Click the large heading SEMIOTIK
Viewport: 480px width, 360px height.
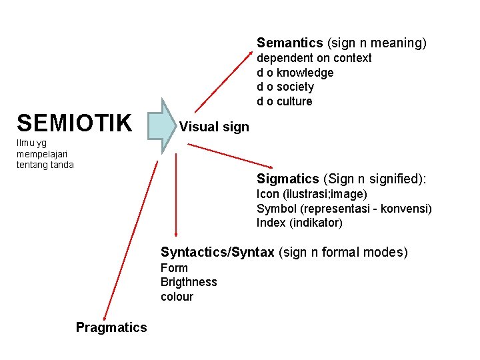75,123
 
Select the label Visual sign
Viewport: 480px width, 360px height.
214,127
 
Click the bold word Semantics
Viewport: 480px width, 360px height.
289,43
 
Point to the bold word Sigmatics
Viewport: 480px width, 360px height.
288,179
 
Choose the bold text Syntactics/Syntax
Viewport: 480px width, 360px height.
217,252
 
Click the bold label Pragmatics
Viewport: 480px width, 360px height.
111,327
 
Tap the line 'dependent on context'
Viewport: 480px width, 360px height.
314,58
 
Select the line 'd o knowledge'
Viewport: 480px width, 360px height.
295,73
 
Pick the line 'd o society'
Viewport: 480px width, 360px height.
285,87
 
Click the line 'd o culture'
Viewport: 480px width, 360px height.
285,101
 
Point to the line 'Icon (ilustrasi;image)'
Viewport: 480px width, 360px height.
312,194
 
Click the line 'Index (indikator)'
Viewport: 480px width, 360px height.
299,223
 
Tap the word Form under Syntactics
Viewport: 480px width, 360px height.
174,268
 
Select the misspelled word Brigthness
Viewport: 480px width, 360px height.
189,282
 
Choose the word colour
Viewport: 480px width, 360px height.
177,297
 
